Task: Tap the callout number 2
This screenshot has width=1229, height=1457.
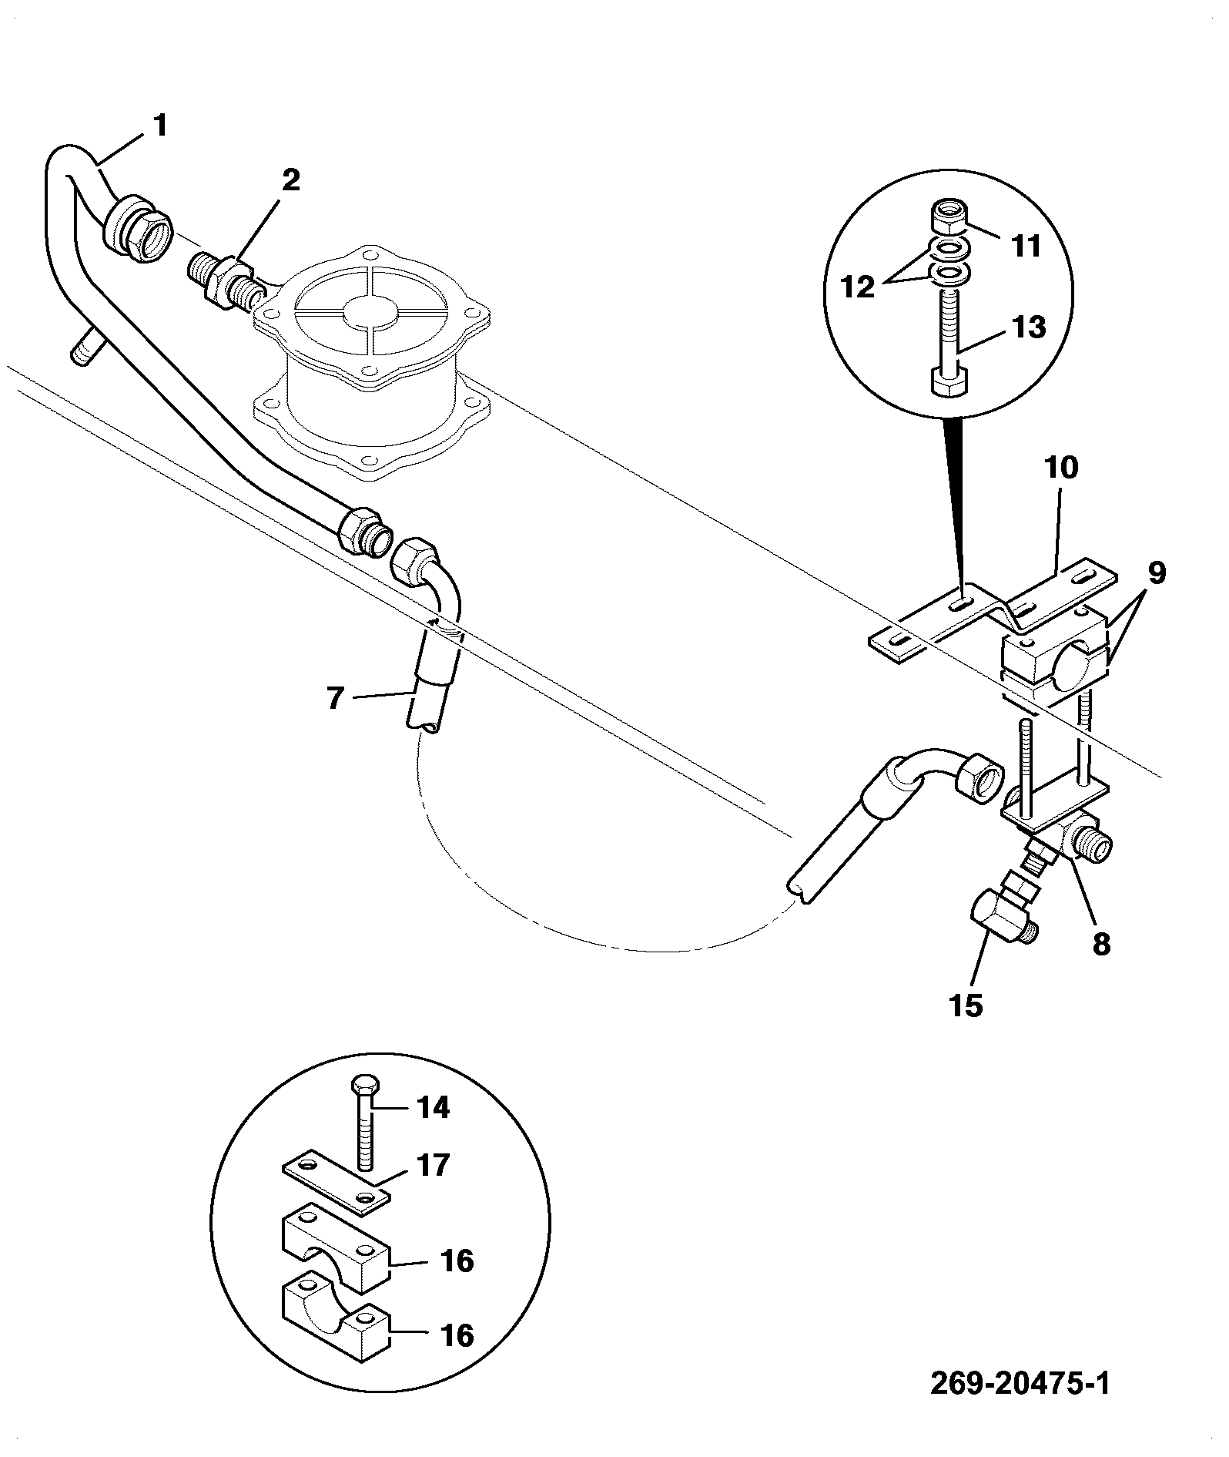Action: click(290, 181)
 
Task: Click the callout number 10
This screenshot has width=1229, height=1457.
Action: click(1061, 468)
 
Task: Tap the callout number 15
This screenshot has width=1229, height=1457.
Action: click(967, 1005)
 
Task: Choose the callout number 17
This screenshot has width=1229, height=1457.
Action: click(433, 1166)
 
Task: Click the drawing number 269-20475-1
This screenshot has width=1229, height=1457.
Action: click(1021, 1383)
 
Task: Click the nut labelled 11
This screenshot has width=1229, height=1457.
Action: click(952, 217)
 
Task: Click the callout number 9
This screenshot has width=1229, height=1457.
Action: click(1156, 573)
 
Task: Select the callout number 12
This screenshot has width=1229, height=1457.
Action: click(859, 287)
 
